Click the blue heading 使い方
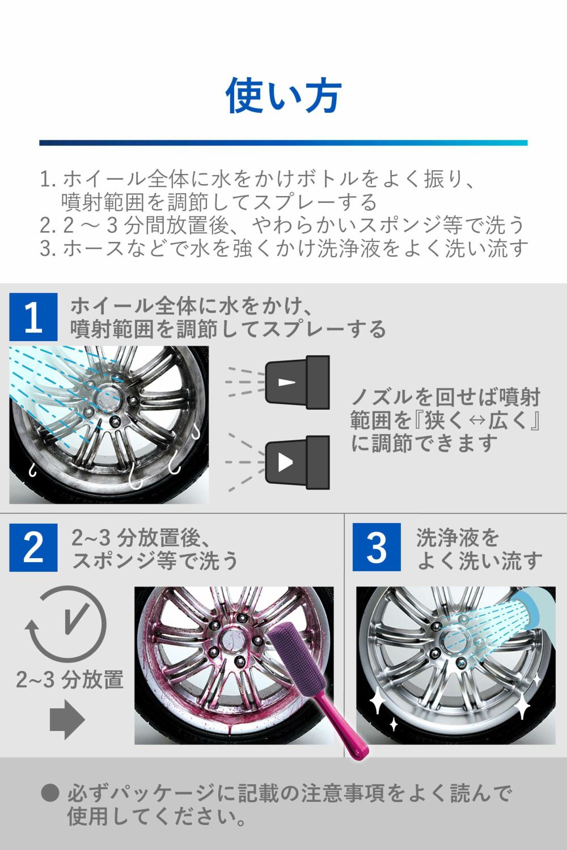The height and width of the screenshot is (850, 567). coord(283,95)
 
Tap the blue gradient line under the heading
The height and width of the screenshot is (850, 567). coord(283,143)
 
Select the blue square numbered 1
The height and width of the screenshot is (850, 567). coord(33,317)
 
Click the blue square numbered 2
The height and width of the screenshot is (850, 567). coord(33,547)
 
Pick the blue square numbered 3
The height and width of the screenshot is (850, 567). coord(376,547)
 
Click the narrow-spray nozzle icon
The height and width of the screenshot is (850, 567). coord(297,382)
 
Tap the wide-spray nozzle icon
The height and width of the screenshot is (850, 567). coord(297,462)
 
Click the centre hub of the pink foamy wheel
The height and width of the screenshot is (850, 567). coord(233,637)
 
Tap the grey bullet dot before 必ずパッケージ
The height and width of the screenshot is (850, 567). coord(50,793)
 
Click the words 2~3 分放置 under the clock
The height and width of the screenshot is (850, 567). coord(70,679)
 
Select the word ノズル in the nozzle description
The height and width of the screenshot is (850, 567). coord(382,397)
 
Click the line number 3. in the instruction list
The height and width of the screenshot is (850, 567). coord(48,248)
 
